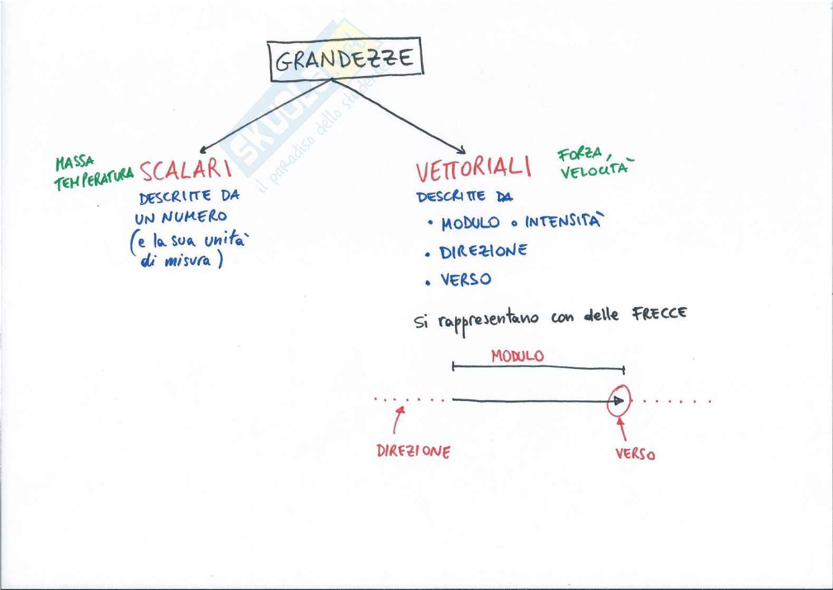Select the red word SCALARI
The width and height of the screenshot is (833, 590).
(185, 170)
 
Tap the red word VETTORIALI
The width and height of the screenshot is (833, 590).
(473, 169)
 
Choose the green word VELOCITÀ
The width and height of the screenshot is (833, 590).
(595, 170)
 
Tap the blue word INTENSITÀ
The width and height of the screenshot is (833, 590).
(562, 221)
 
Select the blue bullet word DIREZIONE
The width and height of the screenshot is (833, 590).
(483, 251)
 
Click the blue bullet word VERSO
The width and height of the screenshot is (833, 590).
(466, 279)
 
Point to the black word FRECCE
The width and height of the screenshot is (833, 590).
(659, 314)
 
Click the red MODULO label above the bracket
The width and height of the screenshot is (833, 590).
(517, 356)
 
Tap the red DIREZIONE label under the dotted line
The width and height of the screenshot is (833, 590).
(413, 451)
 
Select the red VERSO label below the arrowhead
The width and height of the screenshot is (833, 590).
(635, 454)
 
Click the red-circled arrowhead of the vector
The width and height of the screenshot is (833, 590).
(618, 401)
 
